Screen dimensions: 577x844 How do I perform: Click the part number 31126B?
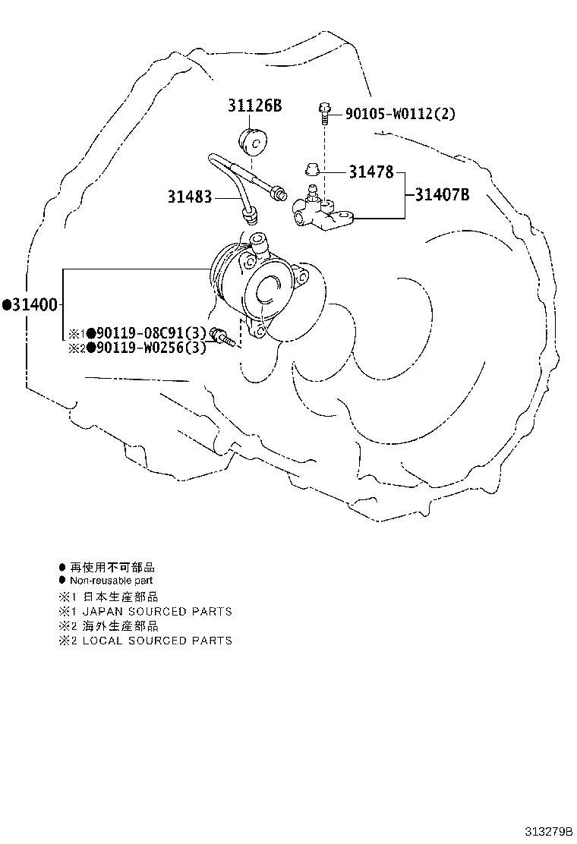point(254,106)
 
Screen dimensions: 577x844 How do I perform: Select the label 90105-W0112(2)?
point(400,114)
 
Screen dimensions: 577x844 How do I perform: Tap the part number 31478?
point(371,172)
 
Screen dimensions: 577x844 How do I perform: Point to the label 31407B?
point(442,194)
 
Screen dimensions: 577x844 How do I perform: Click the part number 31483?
point(190,197)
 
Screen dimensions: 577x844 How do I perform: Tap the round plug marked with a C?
point(253,141)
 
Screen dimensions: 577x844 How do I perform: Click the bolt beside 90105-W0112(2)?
point(323,114)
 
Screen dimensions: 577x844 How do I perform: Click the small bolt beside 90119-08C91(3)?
point(222,336)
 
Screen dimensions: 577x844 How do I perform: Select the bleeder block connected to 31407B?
point(322,212)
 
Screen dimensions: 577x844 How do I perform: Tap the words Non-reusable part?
point(112,581)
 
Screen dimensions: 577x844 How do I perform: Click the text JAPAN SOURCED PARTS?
point(157,612)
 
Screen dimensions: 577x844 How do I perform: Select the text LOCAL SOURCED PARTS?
point(157,641)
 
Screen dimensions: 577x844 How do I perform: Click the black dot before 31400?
point(7,305)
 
